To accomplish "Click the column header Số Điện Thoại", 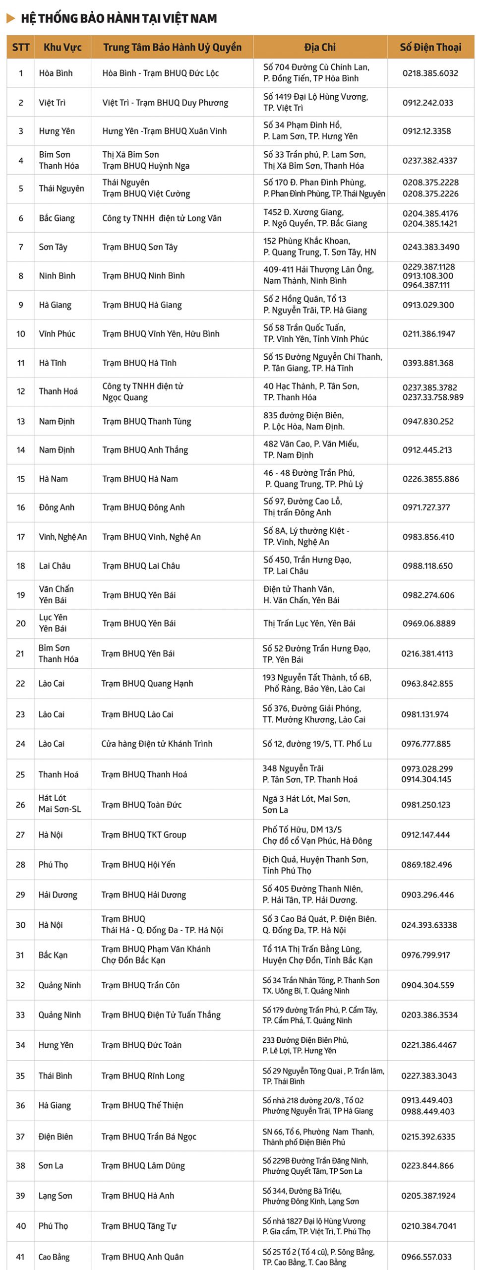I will [430, 47].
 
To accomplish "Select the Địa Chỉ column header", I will [320, 47].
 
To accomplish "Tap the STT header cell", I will [21, 47].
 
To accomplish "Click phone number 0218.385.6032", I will [430, 73].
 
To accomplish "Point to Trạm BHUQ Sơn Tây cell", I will [140, 247].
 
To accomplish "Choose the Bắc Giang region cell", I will [57, 218].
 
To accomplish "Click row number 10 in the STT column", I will [21, 334].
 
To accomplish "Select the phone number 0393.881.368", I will [428, 363].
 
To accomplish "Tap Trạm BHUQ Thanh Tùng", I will [146, 421].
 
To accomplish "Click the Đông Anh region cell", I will [57, 508].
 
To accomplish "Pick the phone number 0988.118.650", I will [427, 566].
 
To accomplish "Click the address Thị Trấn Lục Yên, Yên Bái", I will [309, 624].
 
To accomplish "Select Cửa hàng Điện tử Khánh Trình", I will [157, 744].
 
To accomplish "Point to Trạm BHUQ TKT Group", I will [144, 835].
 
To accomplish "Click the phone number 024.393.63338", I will [429, 925].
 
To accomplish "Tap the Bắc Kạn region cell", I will [53, 955].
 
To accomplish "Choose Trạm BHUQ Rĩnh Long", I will [143, 1076].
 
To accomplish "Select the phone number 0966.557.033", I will [426, 1257].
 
